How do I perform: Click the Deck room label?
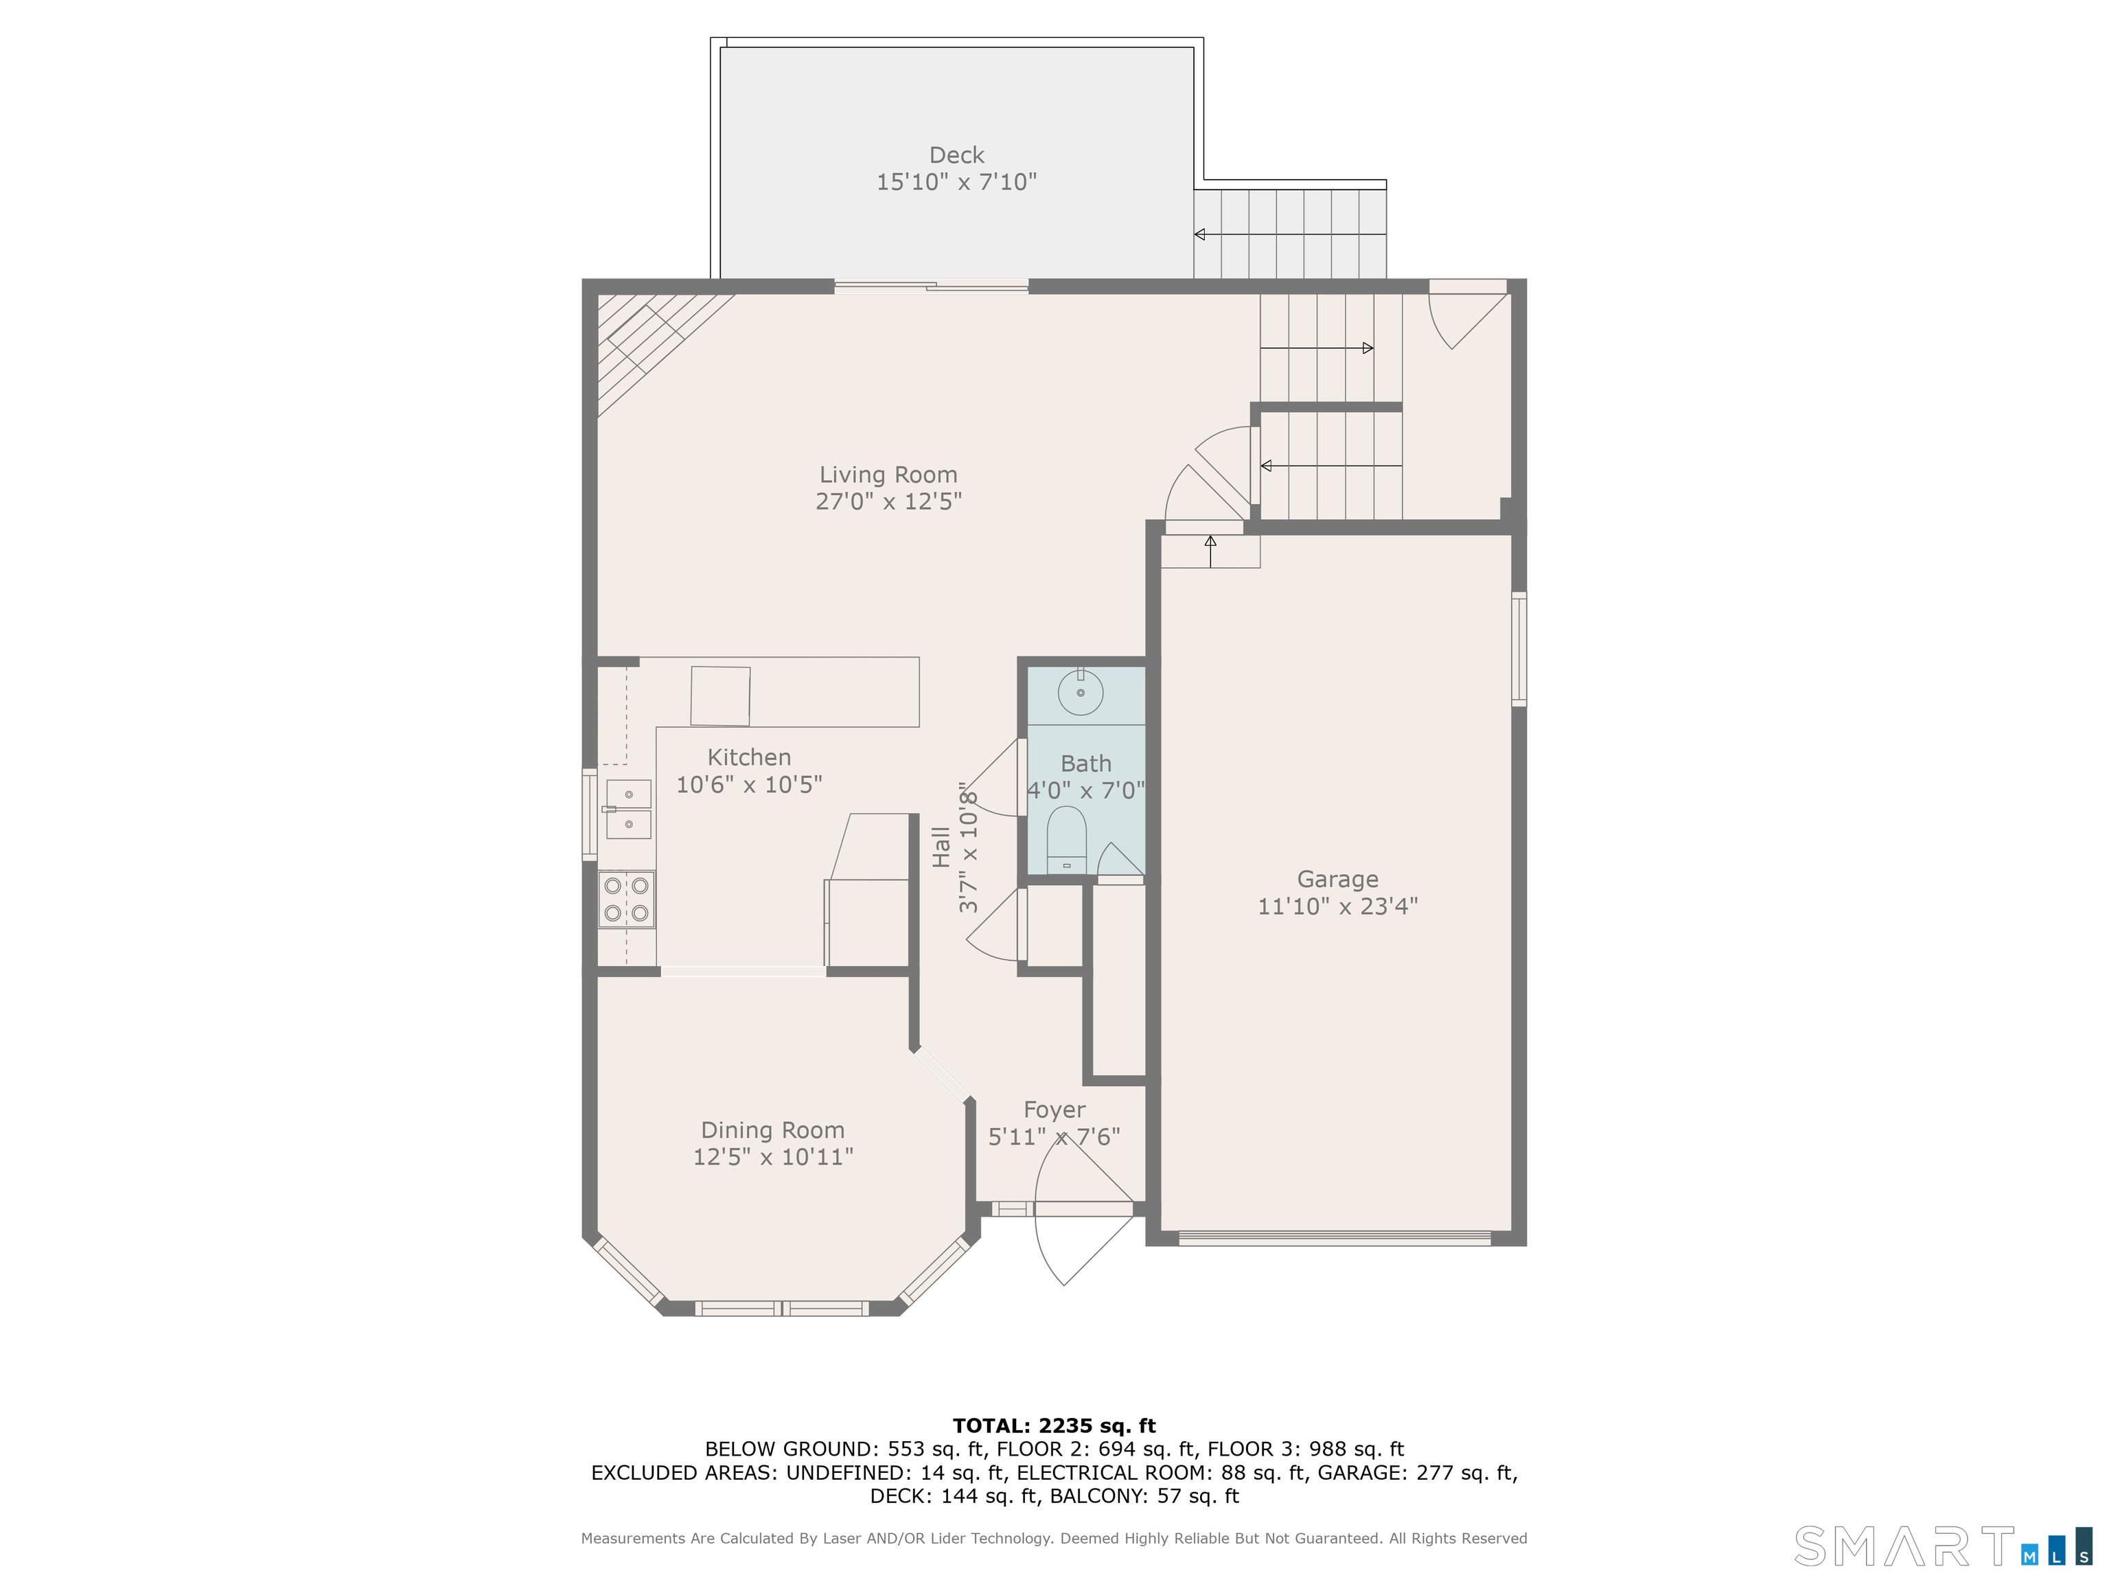click(x=956, y=154)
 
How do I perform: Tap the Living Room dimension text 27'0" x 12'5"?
click(x=888, y=502)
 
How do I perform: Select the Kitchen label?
click(x=750, y=757)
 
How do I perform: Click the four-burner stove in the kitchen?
click(x=626, y=899)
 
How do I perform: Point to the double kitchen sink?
click(x=628, y=810)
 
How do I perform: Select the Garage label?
click(x=1337, y=879)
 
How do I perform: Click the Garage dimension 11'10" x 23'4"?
click(x=1337, y=906)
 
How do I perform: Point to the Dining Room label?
click(x=773, y=1130)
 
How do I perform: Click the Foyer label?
click(x=1054, y=1110)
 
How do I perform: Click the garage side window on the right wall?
click(x=1520, y=650)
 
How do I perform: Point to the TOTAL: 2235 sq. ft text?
click(x=1054, y=1425)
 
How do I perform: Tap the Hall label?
click(x=942, y=847)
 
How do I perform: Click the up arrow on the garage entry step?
click(x=1211, y=551)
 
